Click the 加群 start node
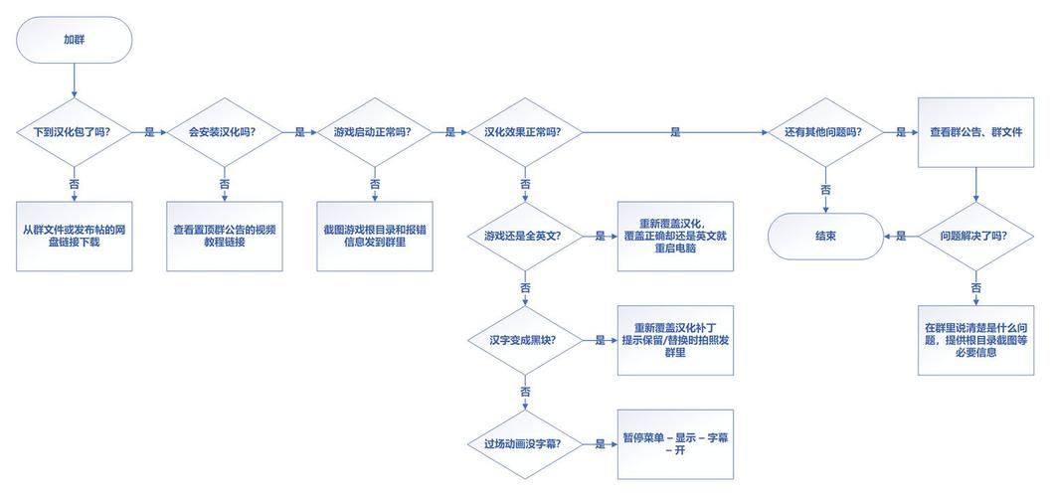(x=74, y=41)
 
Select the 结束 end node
(x=825, y=237)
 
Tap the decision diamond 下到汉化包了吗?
(x=74, y=132)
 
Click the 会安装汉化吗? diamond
(x=225, y=132)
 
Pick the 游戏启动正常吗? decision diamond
(x=375, y=132)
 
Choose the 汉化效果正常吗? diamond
(x=525, y=132)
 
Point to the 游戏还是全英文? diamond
(x=525, y=237)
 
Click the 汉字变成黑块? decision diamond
(x=525, y=341)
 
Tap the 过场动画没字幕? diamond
(x=525, y=444)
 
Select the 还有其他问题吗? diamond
(x=825, y=132)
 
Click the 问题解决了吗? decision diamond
(x=976, y=237)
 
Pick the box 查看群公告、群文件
(x=976, y=132)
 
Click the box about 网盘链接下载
(x=74, y=237)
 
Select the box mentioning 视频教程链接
(x=225, y=237)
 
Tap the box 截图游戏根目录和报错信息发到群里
(x=375, y=237)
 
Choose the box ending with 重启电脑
(x=675, y=237)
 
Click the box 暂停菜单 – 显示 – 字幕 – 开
(x=675, y=444)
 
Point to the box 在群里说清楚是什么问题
(x=976, y=341)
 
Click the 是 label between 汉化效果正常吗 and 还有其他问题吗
(x=675, y=133)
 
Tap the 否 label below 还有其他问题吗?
(x=825, y=190)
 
